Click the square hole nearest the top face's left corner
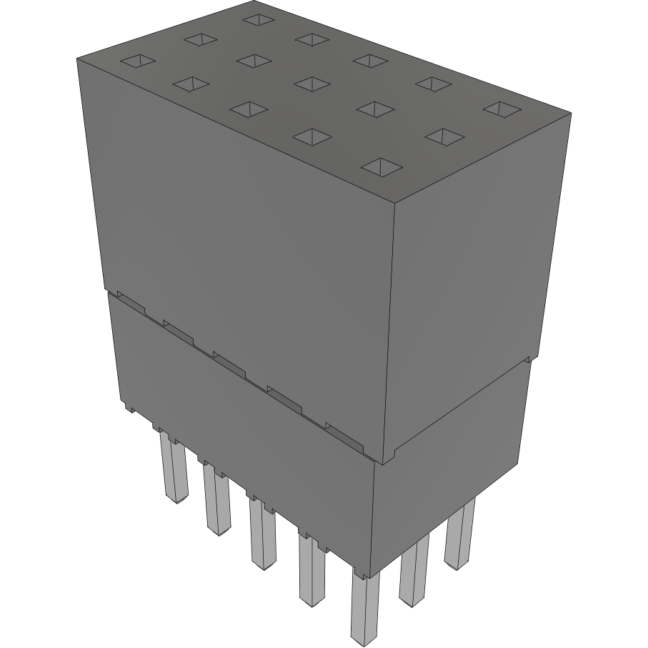point(137,62)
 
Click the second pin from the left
point(216,500)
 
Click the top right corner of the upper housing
point(570,113)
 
